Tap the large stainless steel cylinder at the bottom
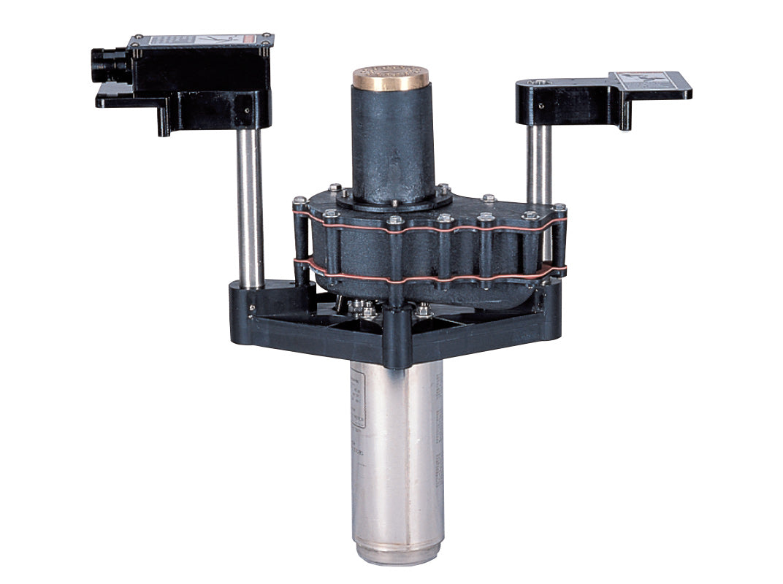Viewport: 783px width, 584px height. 397,453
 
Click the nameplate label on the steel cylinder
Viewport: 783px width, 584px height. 356,409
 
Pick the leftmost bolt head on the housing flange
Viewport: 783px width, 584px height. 299,200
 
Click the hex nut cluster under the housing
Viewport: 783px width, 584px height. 365,310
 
